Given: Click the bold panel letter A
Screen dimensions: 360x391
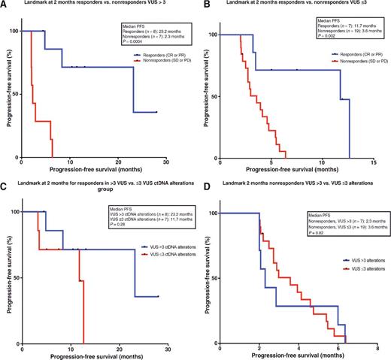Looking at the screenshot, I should click(4, 5).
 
